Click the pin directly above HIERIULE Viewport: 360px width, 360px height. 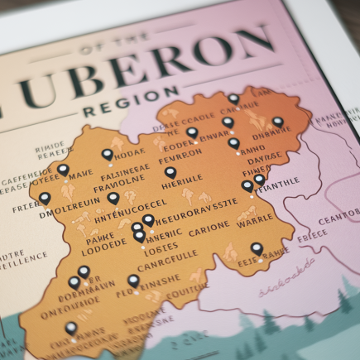(170, 173)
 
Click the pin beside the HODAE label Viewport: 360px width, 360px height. (107, 155)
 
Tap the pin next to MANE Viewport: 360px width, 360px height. (63, 170)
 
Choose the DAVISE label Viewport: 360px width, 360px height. (266, 156)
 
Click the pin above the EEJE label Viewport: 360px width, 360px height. (257, 247)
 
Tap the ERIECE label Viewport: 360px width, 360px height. (312, 234)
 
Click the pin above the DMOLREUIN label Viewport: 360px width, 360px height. (45, 199)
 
